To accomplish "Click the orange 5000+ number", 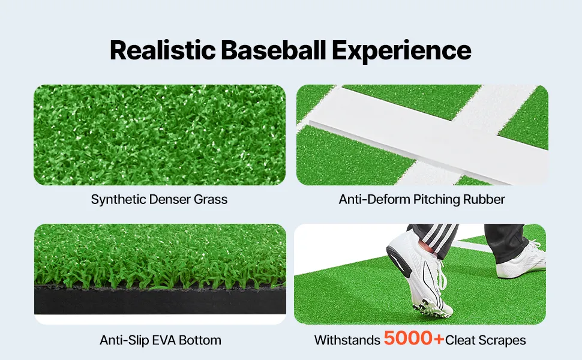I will (x=413, y=339).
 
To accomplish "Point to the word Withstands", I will (x=347, y=340).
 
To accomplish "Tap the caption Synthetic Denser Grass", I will (x=159, y=199).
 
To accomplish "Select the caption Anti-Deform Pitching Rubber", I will (x=422, y=199).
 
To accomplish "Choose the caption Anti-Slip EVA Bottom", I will (x=160, y=340).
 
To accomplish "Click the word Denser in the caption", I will (x=170, y=199).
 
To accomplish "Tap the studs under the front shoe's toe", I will (x=435, y=308).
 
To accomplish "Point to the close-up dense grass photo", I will (x=160, y=134).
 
